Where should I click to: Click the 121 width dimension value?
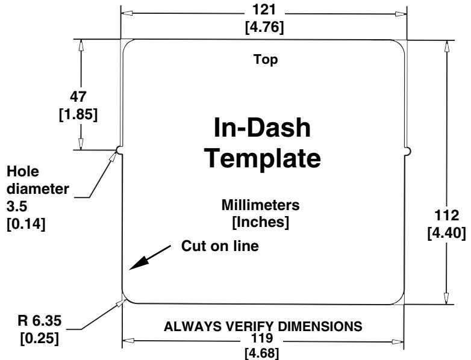(265, 10)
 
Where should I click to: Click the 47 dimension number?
(78, 96)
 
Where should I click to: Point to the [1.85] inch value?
(78, 114)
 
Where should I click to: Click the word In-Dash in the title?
(263, 128)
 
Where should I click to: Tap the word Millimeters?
(261, 206)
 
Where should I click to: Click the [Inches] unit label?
(261, 222)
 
